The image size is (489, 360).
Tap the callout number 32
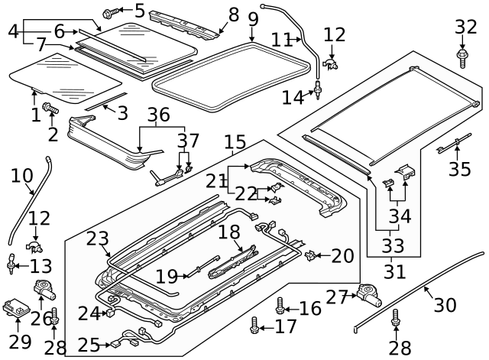tap(466, 27)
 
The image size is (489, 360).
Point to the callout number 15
tap(235, 141)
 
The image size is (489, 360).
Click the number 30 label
tap(445, 305)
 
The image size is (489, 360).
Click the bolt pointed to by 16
tap(280, 306)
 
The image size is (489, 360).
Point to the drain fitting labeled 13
tap(14, 264)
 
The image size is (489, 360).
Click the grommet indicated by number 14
tap(314, 93)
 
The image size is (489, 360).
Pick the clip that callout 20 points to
tap(311, 255)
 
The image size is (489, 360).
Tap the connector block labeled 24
tap(112, 311)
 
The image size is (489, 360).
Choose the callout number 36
tap(158, 115)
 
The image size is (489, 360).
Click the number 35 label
tap(459, 169)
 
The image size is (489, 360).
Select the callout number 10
tap(22, 177)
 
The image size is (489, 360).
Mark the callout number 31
tap(395, 271)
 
